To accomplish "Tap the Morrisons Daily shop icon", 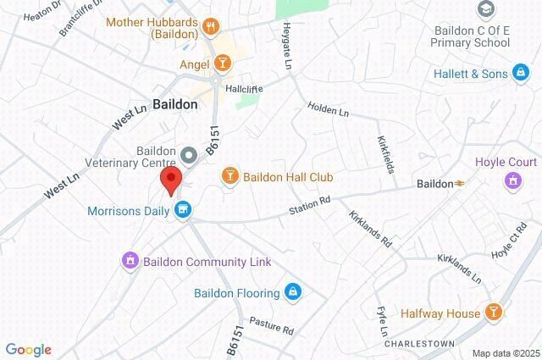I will (x=182, y=208).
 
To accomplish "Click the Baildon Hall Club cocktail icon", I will (x=229, y=176).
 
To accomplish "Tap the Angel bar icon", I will (x=222, y=62).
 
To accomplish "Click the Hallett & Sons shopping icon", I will (x=522, y=75).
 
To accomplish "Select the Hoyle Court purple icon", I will (x=511, y=180).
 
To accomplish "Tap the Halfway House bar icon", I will (x=494, y=313).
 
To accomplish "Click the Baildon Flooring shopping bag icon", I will (x=293, y=293).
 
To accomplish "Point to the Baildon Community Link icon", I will (x=130, y=262).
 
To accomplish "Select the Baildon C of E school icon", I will (x=486, y=9).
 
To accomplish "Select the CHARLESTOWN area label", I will (x=415, y=345).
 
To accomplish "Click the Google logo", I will (x=28, y=350).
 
